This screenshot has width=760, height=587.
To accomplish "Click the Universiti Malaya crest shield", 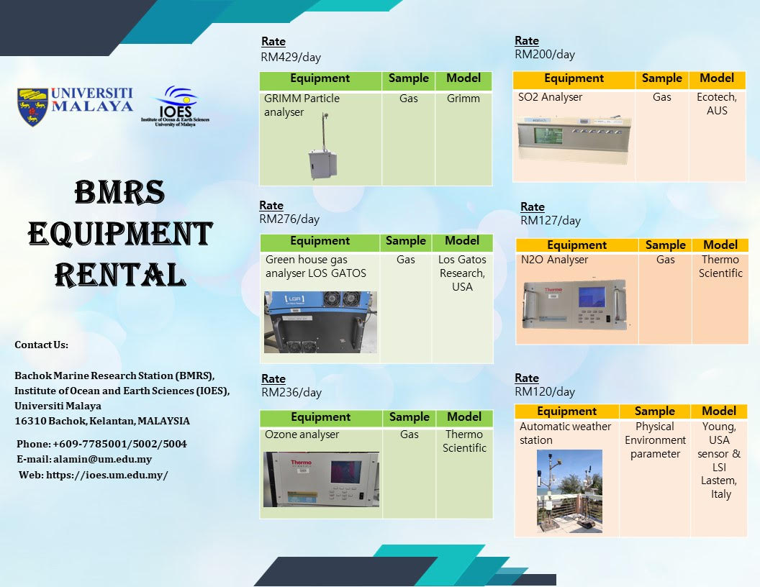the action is tap(32, 106).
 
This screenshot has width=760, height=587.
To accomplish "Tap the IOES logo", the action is tap(176, 106).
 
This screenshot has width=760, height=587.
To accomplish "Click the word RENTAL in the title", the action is tap(120, 275).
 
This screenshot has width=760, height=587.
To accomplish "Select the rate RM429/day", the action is tap(291, 57).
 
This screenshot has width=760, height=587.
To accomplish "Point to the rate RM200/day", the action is tap(545, 54).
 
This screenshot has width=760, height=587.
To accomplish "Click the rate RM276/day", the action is tap(289, 219).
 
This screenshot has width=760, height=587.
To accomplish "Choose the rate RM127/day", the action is tap(551, 220).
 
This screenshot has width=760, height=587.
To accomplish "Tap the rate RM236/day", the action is tap(291, 392).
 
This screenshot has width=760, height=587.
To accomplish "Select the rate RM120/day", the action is tap(545, 391).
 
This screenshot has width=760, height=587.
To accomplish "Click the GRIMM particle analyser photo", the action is tap(323, 146).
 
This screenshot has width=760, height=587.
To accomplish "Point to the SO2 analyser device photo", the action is tap(575, 139).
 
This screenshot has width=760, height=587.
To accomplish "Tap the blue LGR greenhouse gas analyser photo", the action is tap(320, 322).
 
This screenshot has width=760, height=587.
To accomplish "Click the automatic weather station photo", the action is tap(569, 491).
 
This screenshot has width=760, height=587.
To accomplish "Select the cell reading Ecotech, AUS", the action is tap(717, 104).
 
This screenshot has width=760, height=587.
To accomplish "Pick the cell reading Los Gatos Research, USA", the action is tap(462, 273).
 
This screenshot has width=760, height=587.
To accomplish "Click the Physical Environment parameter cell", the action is tap(656, 440).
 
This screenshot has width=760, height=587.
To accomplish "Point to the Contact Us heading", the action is tap(41, 345).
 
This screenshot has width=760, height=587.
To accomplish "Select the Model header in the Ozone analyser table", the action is tap(464, 417).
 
